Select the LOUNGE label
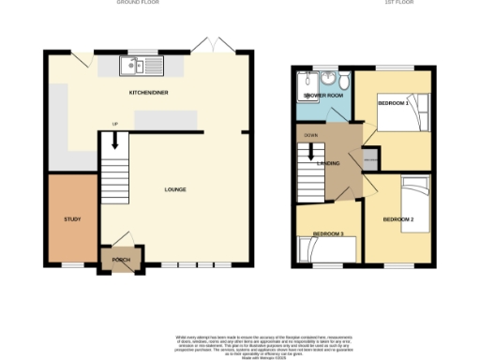pyautogui.click(x=175, y=189)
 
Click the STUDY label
pyautogui.click(x=72, y=218)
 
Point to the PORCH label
pyautogui.click(x=121, y=260)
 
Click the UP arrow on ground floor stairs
pyautogui.click(x=115, y=140)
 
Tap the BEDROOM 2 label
pyautogui.click(x=398, y=219)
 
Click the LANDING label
pyautogui.click(x=328, y=164)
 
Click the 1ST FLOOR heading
pyautogui.click(x=368, y=3)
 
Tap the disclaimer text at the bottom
pyautogui.click(x=240, y=343)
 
